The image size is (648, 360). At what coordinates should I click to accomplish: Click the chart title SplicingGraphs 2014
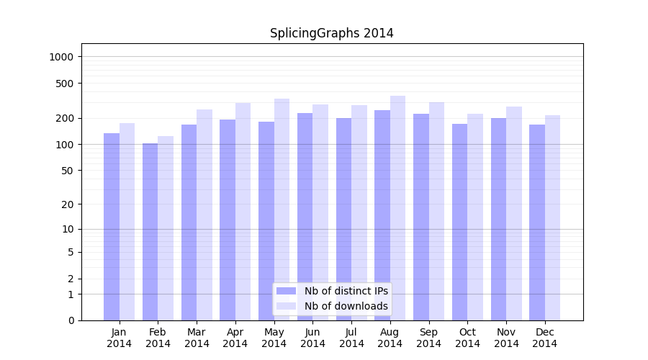(x=331, y=33)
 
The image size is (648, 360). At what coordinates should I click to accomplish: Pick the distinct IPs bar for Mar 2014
(x=189, y=222)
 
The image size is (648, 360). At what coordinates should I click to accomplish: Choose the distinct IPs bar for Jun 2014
(x=305, y=217)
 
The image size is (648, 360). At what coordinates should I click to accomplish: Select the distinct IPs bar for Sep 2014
(x=421, y=217)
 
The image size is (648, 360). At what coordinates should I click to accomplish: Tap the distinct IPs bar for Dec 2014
(x=537, y=222)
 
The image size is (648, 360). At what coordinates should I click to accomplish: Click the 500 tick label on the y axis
(x=66, y=84)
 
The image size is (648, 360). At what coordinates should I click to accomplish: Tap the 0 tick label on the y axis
(x=71, y=320)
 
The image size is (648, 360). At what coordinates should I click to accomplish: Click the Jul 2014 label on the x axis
(x=351, y=338)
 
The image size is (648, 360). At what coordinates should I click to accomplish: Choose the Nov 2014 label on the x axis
(x=506, y=338)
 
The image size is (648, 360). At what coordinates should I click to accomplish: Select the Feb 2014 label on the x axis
(x=158, y=338)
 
